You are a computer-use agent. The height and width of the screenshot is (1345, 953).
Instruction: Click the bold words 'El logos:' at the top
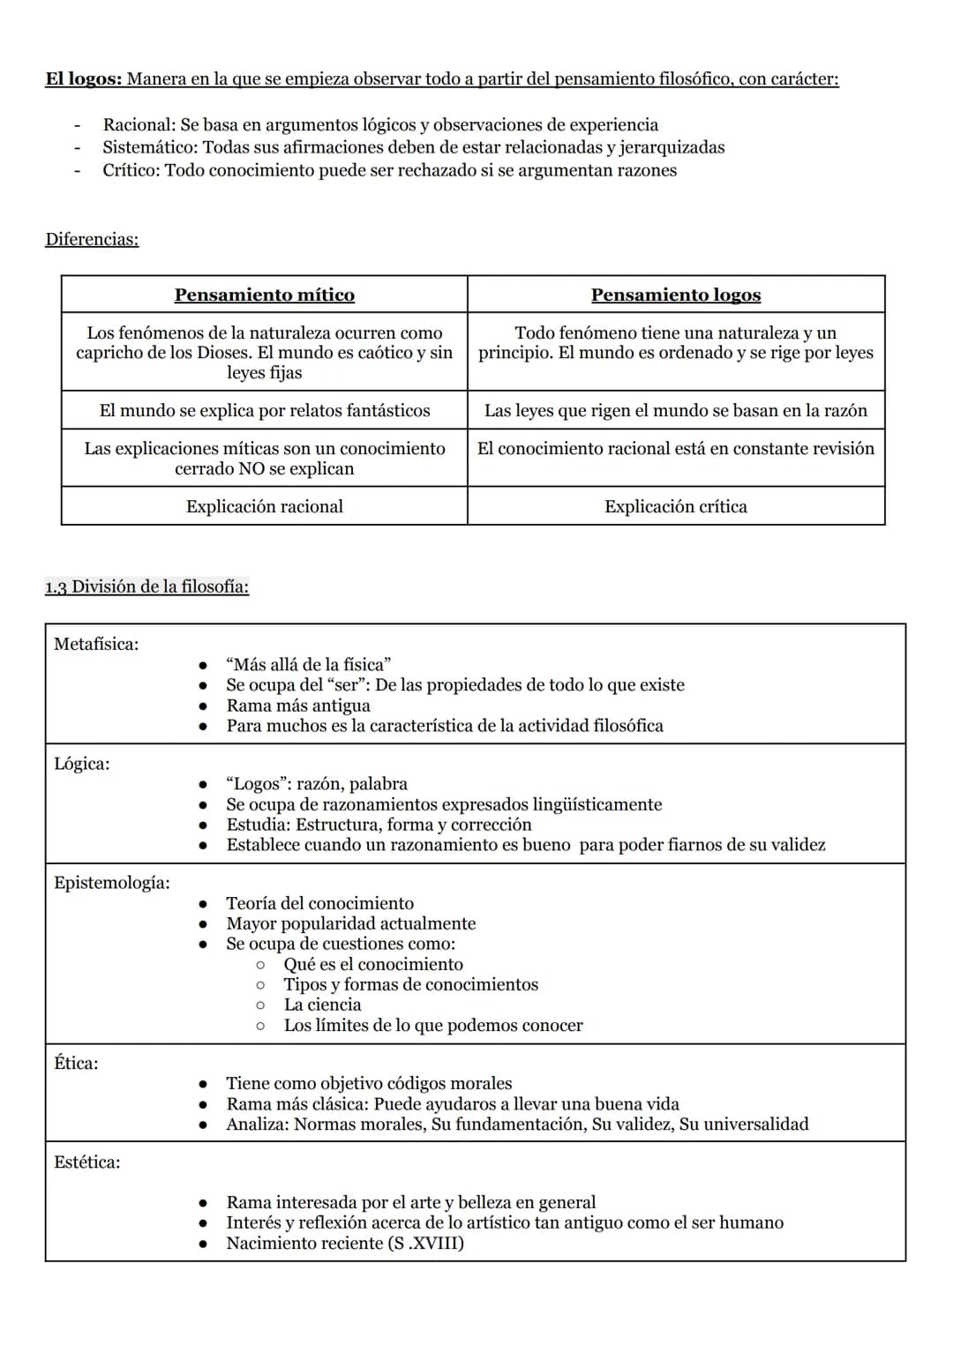(83, 79)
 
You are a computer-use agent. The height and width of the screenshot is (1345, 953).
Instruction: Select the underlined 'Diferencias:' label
(92, 239)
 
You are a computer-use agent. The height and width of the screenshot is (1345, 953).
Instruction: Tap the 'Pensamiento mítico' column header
(264, 295)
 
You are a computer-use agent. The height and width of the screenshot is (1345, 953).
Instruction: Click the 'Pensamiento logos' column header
(675, 295)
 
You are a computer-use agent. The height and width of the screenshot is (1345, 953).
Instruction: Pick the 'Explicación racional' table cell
(264, 506)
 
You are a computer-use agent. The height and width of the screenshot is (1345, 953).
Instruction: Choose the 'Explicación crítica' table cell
(675, 506)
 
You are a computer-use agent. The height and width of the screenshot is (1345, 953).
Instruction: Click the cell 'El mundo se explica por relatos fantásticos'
(264, 410)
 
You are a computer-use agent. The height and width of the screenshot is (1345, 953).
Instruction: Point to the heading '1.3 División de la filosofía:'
(146, 587)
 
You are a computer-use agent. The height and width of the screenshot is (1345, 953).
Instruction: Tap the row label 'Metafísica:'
(96, 644)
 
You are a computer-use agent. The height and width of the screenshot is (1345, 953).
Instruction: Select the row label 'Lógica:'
(82, 764)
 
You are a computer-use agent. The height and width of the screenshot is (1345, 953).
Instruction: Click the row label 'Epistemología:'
(112, 883)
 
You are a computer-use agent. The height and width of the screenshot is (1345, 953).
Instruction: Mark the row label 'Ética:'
(77, 1064)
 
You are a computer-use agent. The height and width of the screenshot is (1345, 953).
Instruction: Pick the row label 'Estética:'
(87, 1162)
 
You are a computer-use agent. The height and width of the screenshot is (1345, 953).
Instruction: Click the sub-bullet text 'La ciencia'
(322, 1005)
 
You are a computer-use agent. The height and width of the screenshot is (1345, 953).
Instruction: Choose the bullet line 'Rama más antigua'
(298, 706)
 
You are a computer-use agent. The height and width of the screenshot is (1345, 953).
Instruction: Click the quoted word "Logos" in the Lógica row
(256, 784)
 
